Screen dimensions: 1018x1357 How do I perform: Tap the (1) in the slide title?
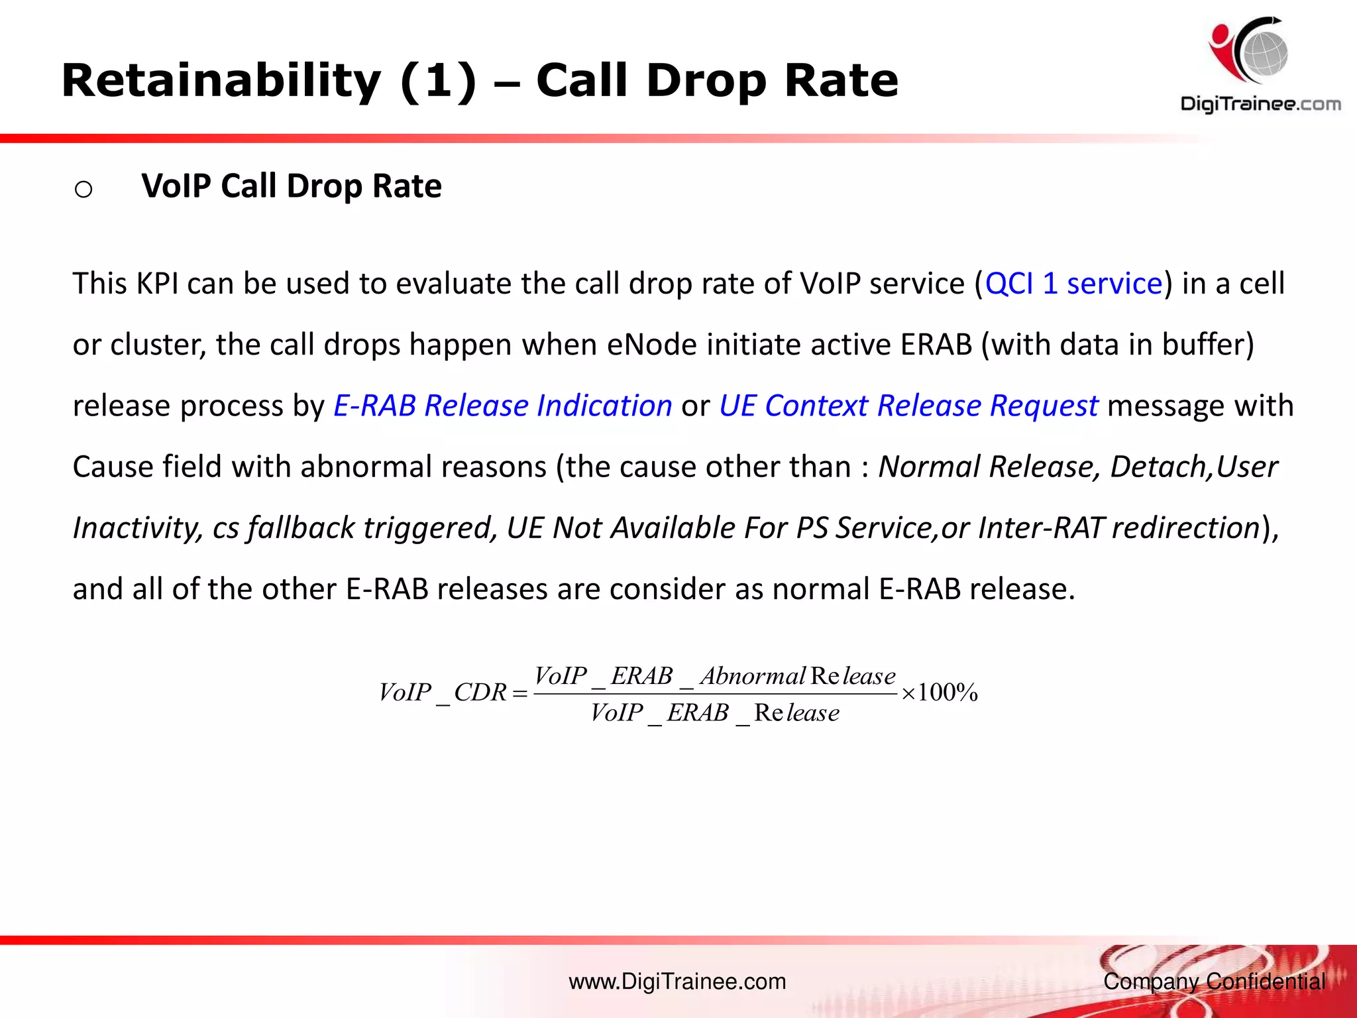tap(438, 82)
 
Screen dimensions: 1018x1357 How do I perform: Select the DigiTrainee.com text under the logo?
tap(1260, 104)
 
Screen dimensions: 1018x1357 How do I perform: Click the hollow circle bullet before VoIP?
tap(83, 190)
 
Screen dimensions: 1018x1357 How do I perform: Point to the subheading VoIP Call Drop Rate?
tap(292, 186)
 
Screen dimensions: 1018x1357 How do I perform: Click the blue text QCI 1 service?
tap(1073, 284)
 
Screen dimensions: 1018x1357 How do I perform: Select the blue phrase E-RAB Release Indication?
tap(502, 406)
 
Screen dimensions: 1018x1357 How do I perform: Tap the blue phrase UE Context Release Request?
tap(908, 406)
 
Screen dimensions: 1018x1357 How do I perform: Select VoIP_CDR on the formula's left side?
tap(443, 693)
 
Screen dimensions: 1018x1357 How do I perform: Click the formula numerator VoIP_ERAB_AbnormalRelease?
tap(714, 676)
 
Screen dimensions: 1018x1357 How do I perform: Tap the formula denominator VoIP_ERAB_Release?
tap(714, 713)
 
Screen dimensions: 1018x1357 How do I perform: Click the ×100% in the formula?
tap(940, 693)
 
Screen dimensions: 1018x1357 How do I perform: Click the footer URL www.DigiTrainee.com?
tap(677, 982)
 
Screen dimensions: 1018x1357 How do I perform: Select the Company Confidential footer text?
tap(1214, 982)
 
